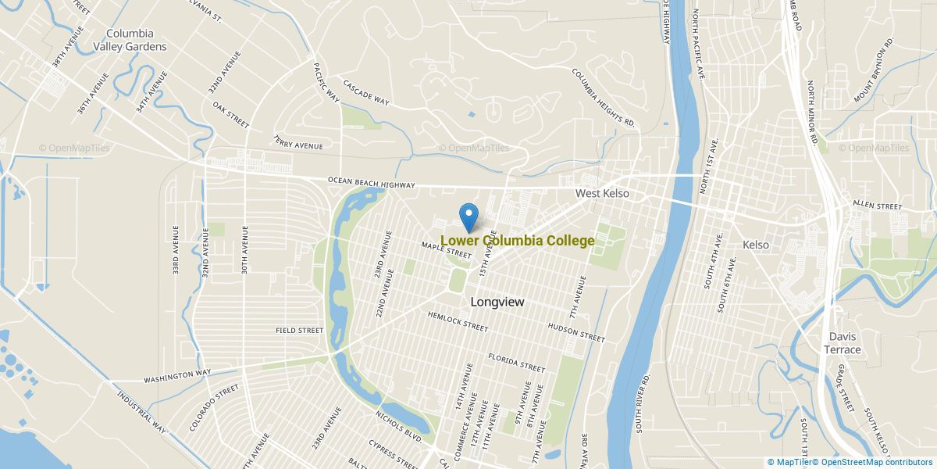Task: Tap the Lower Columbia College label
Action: coord(517,241)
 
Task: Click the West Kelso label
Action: coord(602,193)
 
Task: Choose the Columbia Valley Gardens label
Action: coord(130,40)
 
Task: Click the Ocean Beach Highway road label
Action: coord(371,183)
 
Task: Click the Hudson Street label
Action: coord(576,333)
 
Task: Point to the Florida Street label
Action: coord(516,363)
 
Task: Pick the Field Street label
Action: coord(299,331)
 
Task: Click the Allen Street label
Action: coord(877,205)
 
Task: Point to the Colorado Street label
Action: coord(213,407)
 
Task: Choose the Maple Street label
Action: coord(447,250)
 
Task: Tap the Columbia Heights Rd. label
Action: coord(604,98)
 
